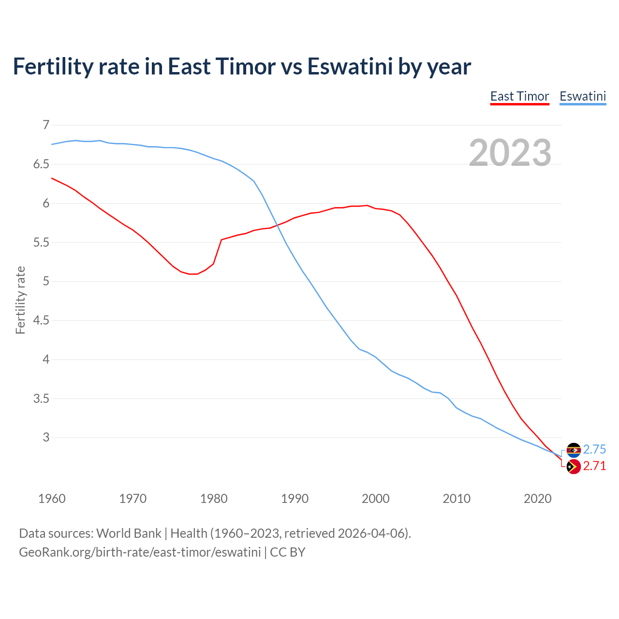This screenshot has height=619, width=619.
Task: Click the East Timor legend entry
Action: pos(519,97)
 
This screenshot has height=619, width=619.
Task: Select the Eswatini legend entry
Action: pos(583,97)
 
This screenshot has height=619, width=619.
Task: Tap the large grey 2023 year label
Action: pos(510,153)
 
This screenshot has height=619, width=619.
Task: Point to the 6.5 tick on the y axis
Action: pos(41,164)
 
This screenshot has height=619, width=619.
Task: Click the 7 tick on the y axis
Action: pos(46,125)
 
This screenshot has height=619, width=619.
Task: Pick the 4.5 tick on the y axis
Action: pos(41,321)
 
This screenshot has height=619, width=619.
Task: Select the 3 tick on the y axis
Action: pos(46,438)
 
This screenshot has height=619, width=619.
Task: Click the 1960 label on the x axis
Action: pos(52,499)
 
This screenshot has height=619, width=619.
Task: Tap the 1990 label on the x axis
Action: pos(295,499)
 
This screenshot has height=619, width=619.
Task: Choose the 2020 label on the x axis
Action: pos(537,499)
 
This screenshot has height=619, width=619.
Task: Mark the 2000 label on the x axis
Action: pos(375,499)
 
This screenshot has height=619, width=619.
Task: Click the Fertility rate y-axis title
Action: pos(20,300)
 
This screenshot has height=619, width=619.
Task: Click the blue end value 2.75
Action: pos(594,450)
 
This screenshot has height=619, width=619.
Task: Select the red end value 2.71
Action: pos(594,466)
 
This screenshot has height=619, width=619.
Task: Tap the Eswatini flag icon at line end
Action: pos(574,450)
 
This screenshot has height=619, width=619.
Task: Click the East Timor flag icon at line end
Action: pos(574,467)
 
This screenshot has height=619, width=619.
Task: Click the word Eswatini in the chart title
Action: pos(350,67)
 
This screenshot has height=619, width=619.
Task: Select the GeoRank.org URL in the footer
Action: pos(140,552)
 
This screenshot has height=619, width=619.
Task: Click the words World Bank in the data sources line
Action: pos(129,533)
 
